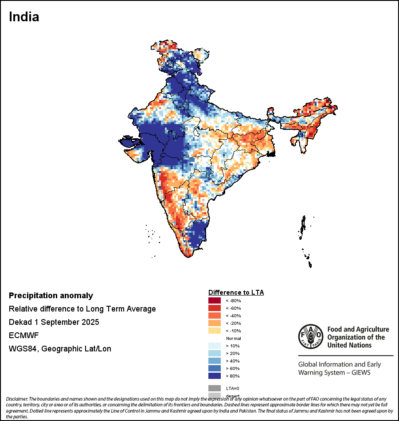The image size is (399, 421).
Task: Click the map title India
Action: click(24, 17)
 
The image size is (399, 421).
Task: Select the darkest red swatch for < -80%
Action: click(215, 300)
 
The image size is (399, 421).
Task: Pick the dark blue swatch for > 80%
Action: click(215, 376)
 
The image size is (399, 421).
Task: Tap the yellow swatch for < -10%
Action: click(215, 331)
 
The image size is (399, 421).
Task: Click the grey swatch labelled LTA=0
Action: click(215, 388)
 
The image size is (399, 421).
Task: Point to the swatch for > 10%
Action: click(215, 346)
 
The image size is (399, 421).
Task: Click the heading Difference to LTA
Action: click(236, 292)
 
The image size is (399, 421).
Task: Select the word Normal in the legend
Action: click(233, 338)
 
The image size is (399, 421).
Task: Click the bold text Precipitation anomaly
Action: click(51, 296)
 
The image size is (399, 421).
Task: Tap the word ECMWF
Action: click(24, 335)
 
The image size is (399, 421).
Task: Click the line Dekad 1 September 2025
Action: click(54, 322)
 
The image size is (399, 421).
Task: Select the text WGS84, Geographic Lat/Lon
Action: click(60, 349)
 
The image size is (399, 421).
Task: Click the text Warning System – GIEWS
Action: click(334, 372)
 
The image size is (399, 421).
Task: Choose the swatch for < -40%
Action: click(215, 316)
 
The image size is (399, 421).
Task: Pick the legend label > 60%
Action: click(232, 368)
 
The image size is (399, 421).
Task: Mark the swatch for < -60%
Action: click(215, 308)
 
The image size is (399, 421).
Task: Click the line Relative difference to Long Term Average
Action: click(82, 309)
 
